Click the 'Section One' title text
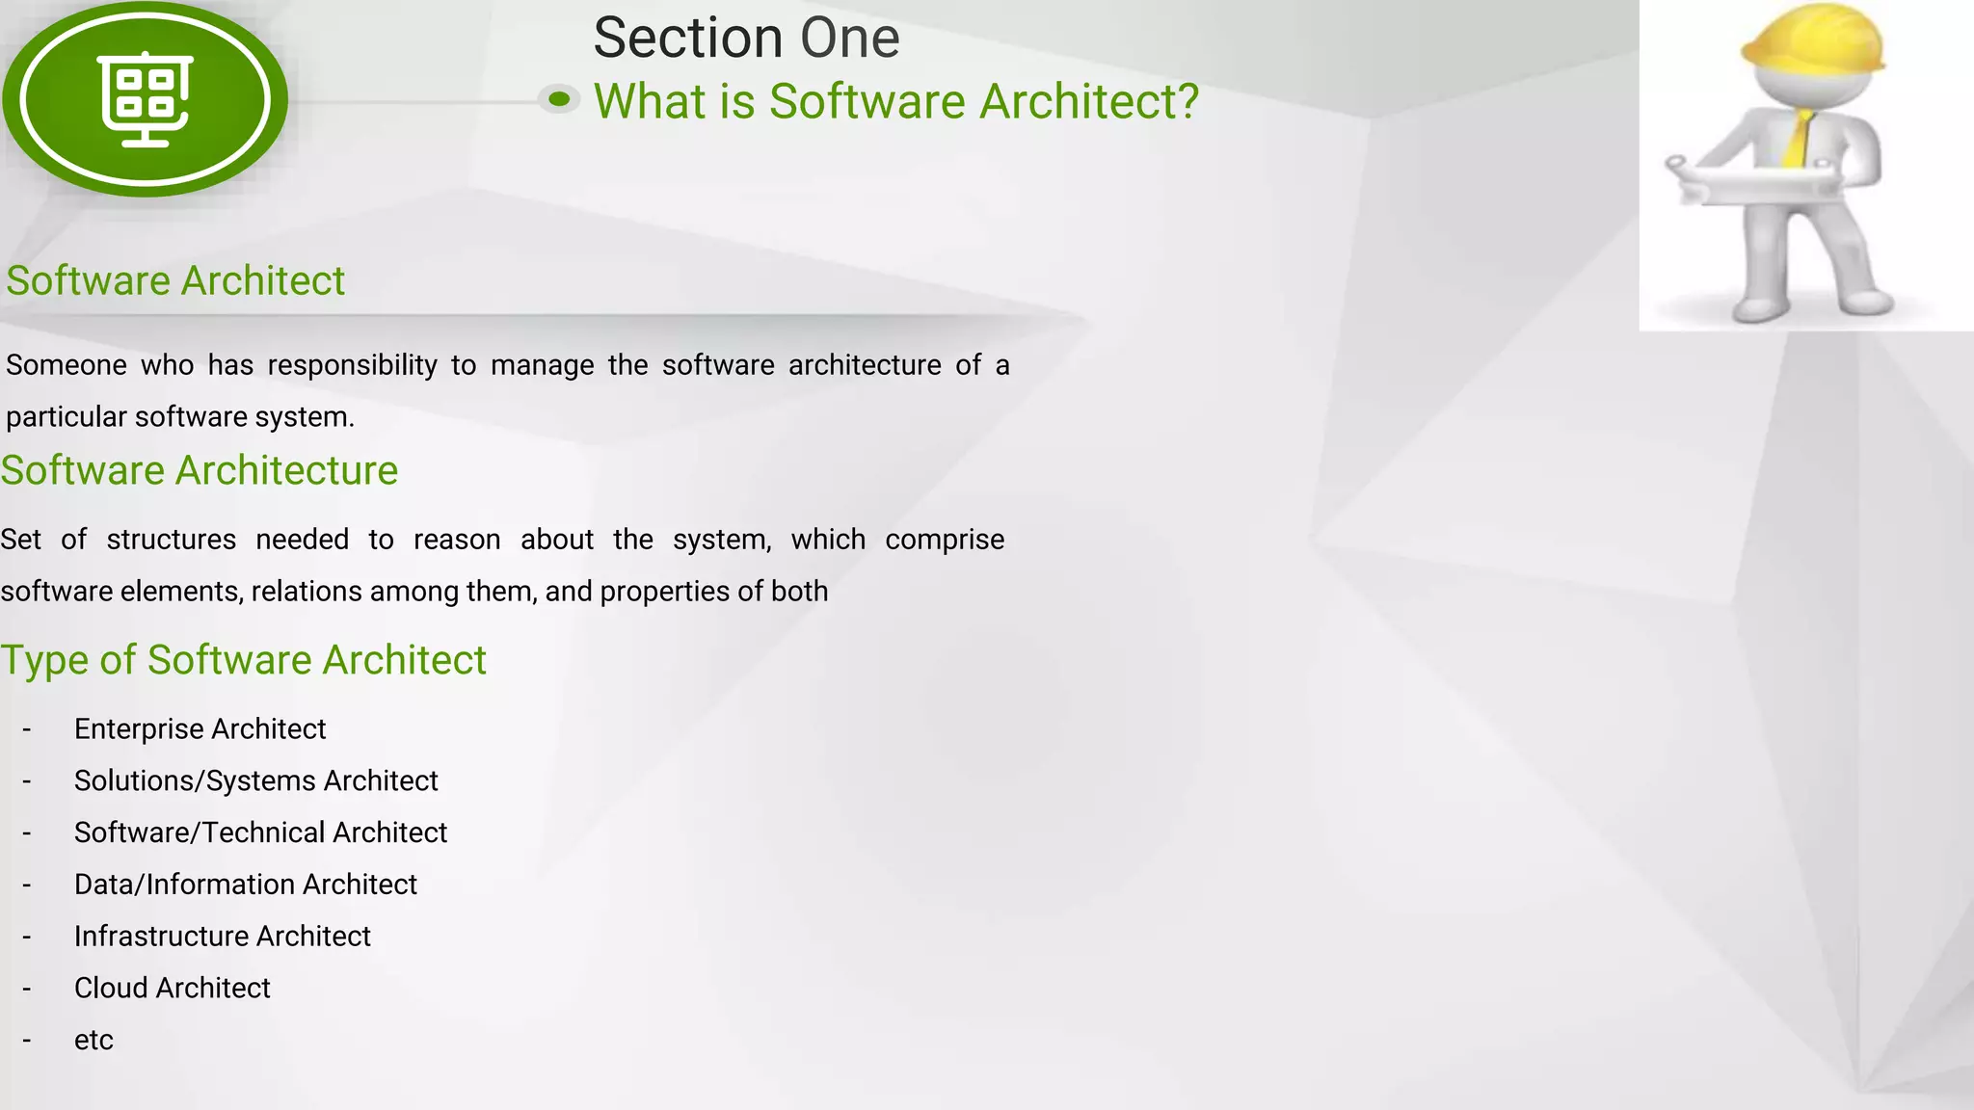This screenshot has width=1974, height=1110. click(746, 39)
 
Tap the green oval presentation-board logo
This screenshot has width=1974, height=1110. click(145, 99)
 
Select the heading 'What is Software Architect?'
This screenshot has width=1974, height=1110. click(895, 101)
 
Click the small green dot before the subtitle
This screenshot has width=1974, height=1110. click(559, 98)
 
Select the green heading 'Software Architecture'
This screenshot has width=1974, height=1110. click(199, 470)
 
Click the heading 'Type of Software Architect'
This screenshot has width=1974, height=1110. click(243, 660)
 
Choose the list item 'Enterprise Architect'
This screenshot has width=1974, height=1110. click(200, 728)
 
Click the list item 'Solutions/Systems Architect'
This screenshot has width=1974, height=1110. click(255, 780)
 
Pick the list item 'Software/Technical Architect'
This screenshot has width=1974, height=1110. click(260, 832)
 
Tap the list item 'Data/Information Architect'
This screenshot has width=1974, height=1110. click(245, 885)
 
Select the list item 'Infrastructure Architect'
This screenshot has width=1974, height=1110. click(222, 937)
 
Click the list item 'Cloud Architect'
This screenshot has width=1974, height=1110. click(172, 989)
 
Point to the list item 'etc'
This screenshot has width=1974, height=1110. click(93, 1041)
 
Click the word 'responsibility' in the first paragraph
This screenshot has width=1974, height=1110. click(352, 365)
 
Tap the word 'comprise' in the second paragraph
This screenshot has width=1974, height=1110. click(944, 540)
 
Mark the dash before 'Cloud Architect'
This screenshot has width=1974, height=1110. click(27, 990)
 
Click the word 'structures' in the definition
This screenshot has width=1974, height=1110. click(171, 540)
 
